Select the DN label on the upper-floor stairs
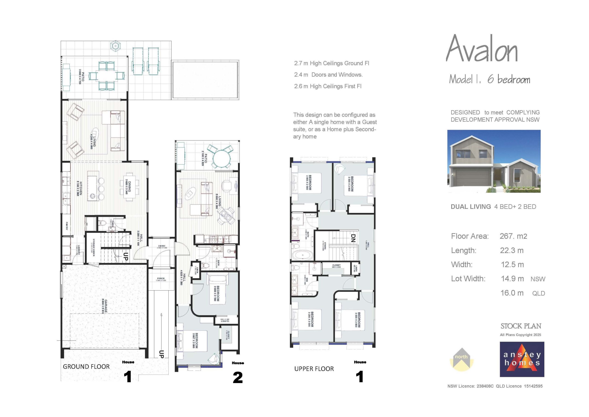click(353, 238)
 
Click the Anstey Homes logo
click(522, 359)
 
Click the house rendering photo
click(494, 161)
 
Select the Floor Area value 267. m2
click(513, 236)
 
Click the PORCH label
click(161, 279)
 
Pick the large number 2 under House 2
click(237, 378)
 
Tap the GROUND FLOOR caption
click(86, 367)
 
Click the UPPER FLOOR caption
click(314, 369)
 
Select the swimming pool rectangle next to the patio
click(205, 80)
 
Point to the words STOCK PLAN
click(521, 326)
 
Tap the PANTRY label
click(67, 226)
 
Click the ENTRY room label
click(162, 246)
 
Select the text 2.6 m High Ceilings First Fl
click(328, 86)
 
